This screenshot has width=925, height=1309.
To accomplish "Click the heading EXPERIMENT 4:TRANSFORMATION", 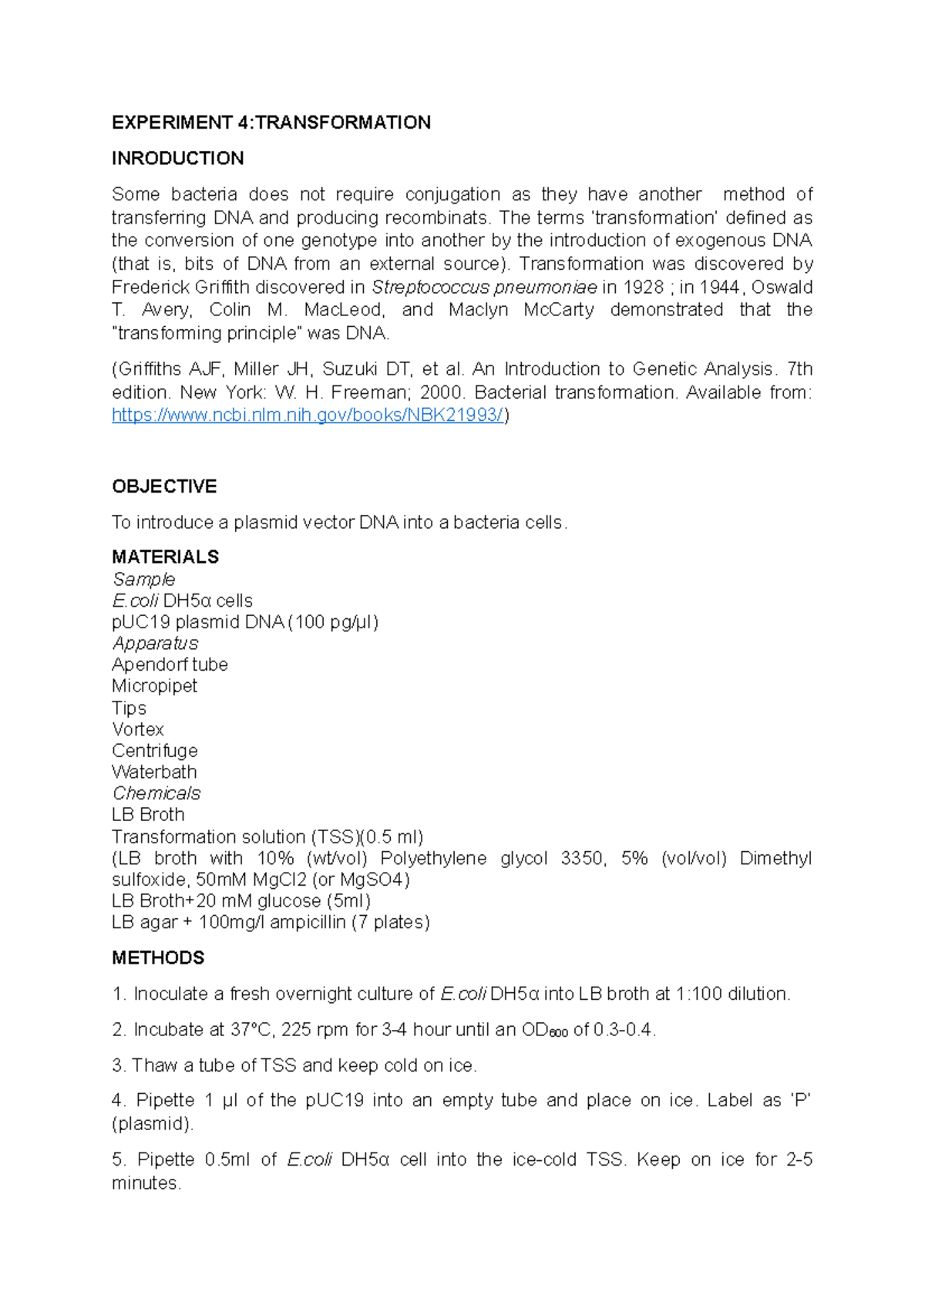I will click(x=271, y=123).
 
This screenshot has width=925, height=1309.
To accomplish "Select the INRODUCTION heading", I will click(x=177, y=158).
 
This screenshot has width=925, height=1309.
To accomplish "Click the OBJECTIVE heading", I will click(x=164, y=486).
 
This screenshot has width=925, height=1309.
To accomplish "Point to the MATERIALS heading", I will click(x=165, y=557).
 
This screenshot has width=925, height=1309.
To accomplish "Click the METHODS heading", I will click(x=158, y=957).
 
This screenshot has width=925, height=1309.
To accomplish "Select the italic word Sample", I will click(x=143, y=579).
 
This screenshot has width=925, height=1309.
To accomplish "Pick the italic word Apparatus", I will click(x=155, y=643).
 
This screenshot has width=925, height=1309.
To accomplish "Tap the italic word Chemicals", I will click(x=156, y=793).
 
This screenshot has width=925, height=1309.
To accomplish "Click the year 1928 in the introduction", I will click(x=643, y=288).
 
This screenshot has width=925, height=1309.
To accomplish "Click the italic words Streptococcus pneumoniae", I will click(x=484, y=288).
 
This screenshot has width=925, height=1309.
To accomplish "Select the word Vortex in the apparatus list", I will click(x=138, y=729).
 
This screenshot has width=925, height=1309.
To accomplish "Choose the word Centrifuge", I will click(x=154, y=751).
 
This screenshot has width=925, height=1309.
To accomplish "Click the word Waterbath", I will click(x=154, y=772).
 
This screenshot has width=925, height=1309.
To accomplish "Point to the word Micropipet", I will click(x=154, y=686).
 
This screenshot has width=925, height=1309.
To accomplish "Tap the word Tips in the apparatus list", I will click(x=129, y=708).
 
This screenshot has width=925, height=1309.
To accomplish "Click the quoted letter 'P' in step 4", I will click(x=802, y=1101).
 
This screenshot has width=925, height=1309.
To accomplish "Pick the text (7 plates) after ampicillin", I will click(x=391, y=922).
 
